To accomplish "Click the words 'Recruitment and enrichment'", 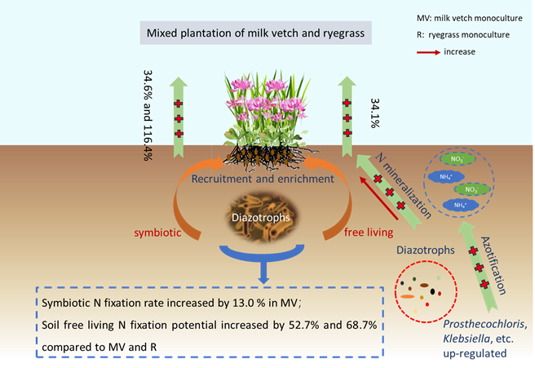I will pos(259,178).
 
